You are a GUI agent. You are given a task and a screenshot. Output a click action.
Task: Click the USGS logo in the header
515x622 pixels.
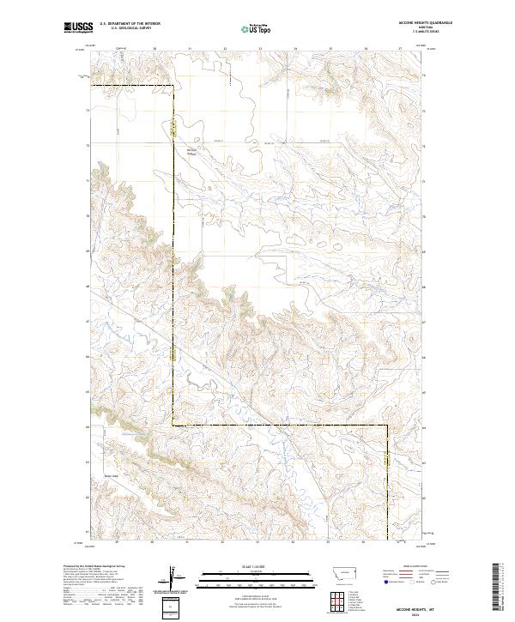click(77, 27)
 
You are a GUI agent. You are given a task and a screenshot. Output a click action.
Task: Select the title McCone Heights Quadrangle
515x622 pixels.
click(428, 23)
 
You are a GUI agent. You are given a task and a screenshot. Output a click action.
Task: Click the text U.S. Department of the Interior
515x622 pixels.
click(130, 24)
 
